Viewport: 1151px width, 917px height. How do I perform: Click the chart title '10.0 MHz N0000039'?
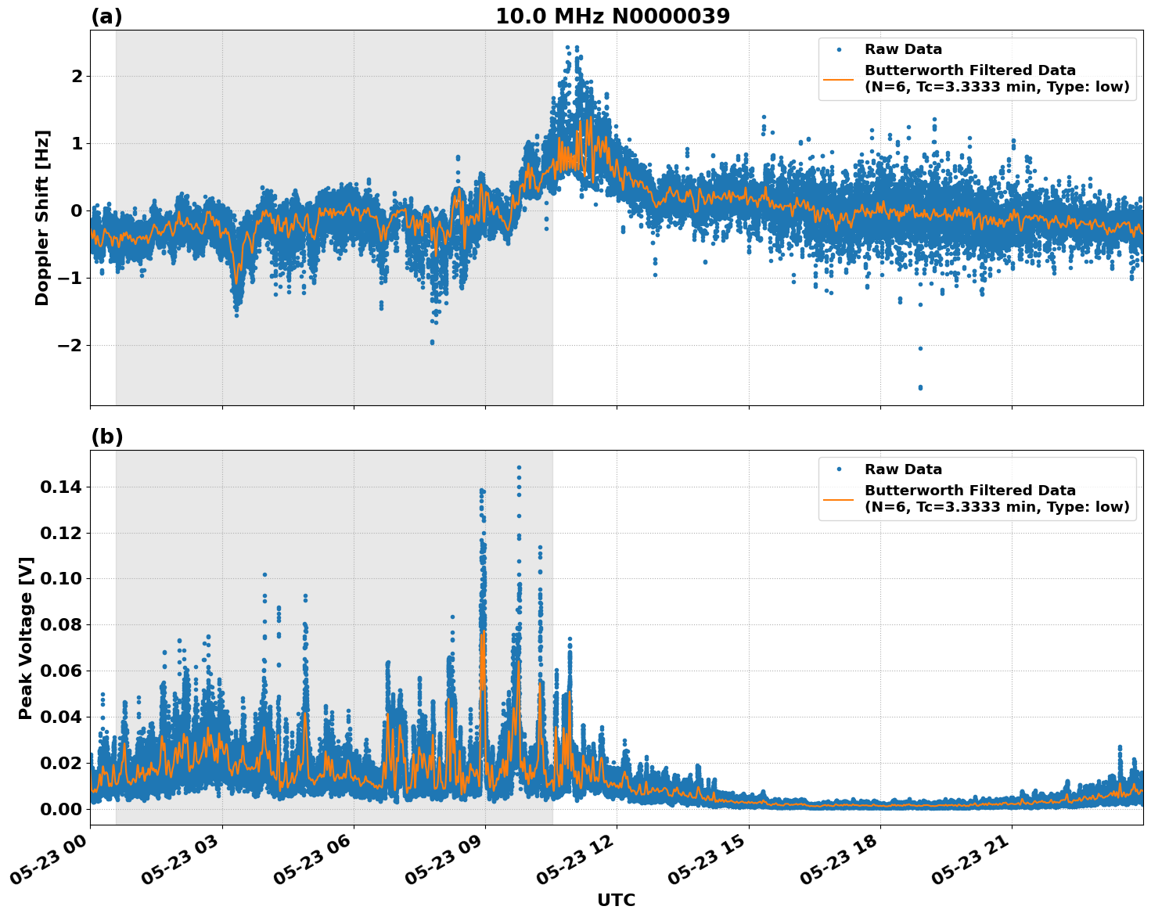click(613, 16)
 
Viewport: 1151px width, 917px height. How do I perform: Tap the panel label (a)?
click(106, 16)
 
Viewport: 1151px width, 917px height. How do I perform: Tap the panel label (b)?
click(106, 437)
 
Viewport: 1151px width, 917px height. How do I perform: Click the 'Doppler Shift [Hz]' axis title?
click(42, 218)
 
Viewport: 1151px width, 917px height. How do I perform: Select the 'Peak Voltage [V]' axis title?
click(26, 638)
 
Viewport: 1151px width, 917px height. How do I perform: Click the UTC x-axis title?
click(616, 900)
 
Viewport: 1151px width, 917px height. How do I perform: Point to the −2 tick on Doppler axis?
click(70, 345)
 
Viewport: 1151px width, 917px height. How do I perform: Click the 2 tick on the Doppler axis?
click(77, 76)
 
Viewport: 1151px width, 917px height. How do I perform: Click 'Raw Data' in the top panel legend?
click(903, 49)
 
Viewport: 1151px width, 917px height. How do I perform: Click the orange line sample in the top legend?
click(839, 78)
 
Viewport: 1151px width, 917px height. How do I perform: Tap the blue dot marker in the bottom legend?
click(839, 469)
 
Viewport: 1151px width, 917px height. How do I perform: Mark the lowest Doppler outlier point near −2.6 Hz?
click(920, 387)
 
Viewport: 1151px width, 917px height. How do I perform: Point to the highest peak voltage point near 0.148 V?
click(519, 468)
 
